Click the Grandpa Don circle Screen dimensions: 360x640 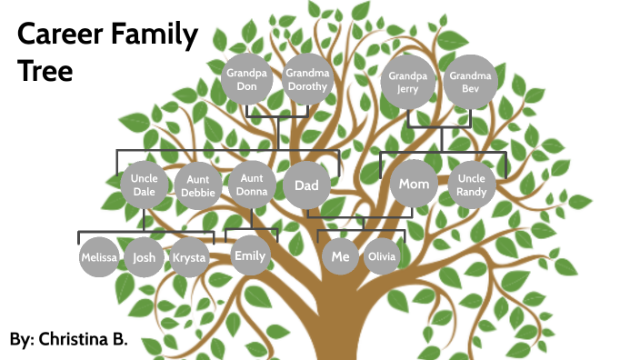coord(246,80)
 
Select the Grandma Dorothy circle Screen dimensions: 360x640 coord(305,80)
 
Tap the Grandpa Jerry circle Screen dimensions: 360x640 coord(407,82)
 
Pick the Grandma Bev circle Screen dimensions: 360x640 coord(470,82)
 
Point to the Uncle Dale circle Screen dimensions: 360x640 coord(145,185)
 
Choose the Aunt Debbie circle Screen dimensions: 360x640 coord(198,185)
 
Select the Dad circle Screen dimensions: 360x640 coord(306,185)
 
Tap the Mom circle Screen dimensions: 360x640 coord(415,185)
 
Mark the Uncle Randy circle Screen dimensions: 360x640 coord(473,185)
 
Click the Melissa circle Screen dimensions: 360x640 coord(99,257)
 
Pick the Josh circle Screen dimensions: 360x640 coord(145,257)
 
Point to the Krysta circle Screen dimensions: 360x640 coord(190,257)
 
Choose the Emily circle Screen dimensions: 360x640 coord(249,255)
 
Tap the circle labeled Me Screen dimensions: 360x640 coord(340,256)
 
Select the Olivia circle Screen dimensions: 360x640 coord(382,257)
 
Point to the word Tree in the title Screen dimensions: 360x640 coord(45,71)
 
